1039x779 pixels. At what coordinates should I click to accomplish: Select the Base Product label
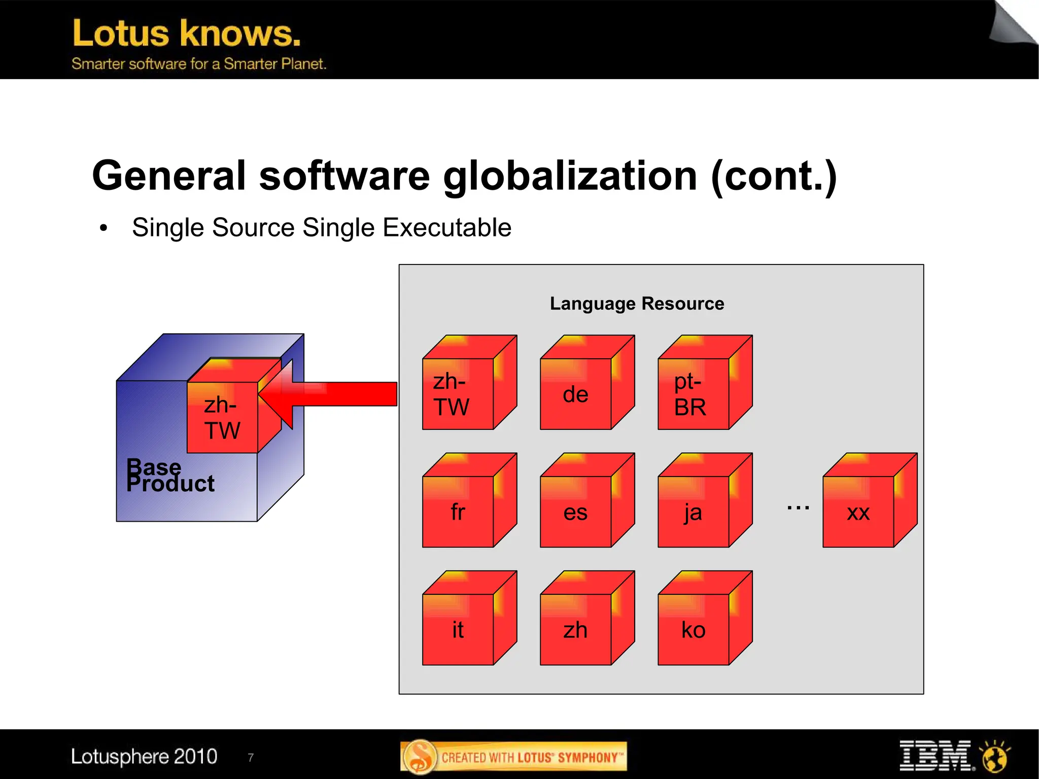(x=169, y=475)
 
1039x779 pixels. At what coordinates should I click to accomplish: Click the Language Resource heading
(x=637, y=303)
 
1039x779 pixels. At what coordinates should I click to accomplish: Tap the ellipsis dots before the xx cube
(x=798, y=507)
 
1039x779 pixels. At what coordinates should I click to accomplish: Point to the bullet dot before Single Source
(x=103, y=228)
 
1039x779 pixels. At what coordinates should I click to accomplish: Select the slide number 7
(x=251, y=758)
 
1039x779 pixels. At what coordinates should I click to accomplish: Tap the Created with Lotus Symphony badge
(x=513, y=757)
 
